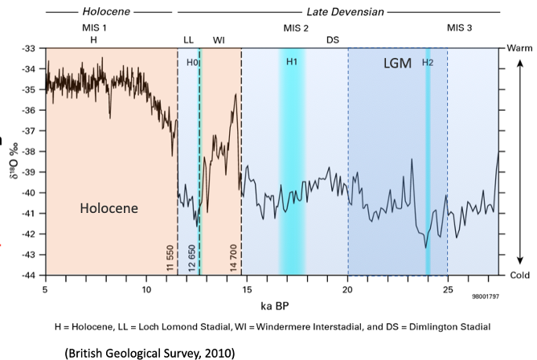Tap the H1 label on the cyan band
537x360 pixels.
[x=292, y=62]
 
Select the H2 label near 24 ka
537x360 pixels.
[x=428, y=62]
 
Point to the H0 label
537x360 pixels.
[x=192, y=62]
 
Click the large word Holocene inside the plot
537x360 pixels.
[x=109, y=208]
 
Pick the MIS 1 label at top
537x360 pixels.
[x=94, y=27]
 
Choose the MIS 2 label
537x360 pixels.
[x=296, y=27]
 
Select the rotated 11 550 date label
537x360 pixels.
[x=170, y=258]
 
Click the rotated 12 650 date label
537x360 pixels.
[x=192, y=258]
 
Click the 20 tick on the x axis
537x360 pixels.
[x=347, y=288]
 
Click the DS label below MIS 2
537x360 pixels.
[x=332, y=39]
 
